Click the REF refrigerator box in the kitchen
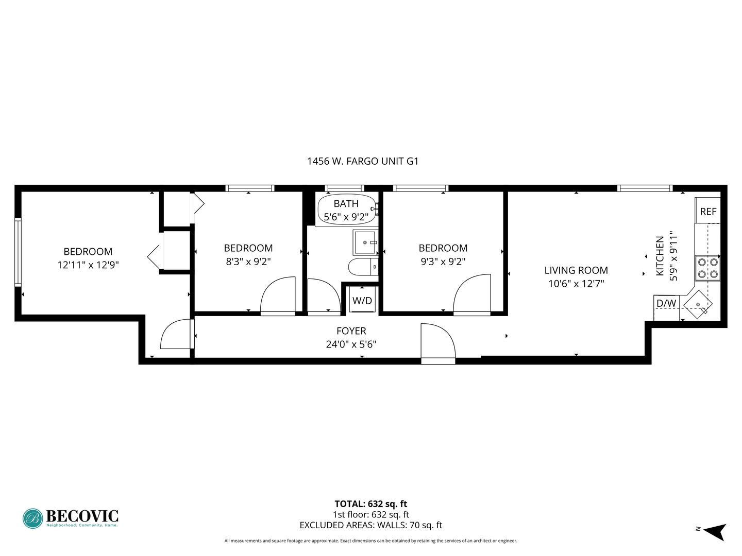707,211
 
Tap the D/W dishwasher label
666,303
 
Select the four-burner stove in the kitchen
707,268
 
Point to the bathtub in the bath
347,210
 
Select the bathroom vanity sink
365,242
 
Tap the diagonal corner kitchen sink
698,304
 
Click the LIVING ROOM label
576,270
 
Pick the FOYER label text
351,331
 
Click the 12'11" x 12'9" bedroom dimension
88,265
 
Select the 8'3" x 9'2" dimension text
248,262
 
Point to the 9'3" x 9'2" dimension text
443,262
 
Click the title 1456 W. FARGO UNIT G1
363,161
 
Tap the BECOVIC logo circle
33,518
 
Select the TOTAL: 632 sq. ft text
371,504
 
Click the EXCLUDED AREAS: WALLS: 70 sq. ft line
371,525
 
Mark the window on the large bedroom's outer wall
18,252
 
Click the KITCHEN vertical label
660,256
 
